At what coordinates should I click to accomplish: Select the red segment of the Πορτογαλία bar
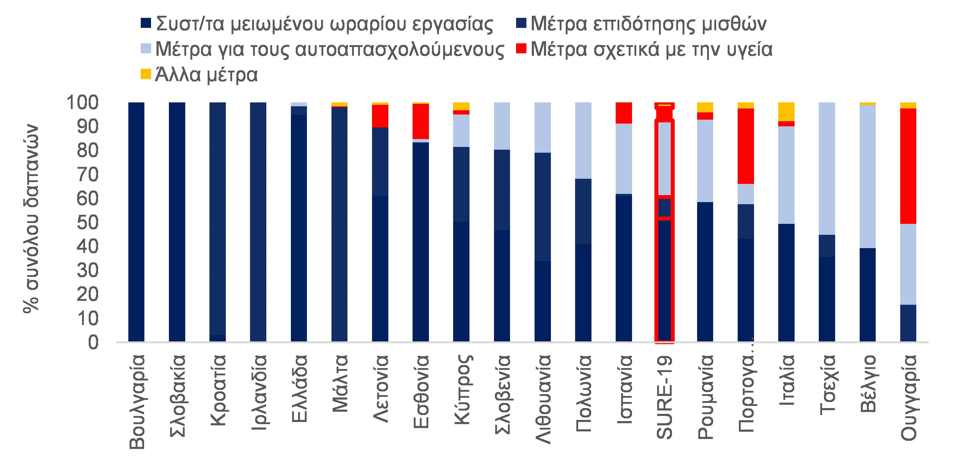pos(746,146)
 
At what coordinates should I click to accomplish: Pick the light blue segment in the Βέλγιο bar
pos(868,176)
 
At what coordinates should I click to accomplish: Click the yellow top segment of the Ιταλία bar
pos(786,111)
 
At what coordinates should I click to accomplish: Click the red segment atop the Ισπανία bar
pos(624,112)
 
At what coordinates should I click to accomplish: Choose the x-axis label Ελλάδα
pos(299,388)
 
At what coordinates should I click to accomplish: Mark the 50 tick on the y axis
pos(87,223)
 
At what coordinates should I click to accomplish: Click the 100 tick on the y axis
pos(82,103)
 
